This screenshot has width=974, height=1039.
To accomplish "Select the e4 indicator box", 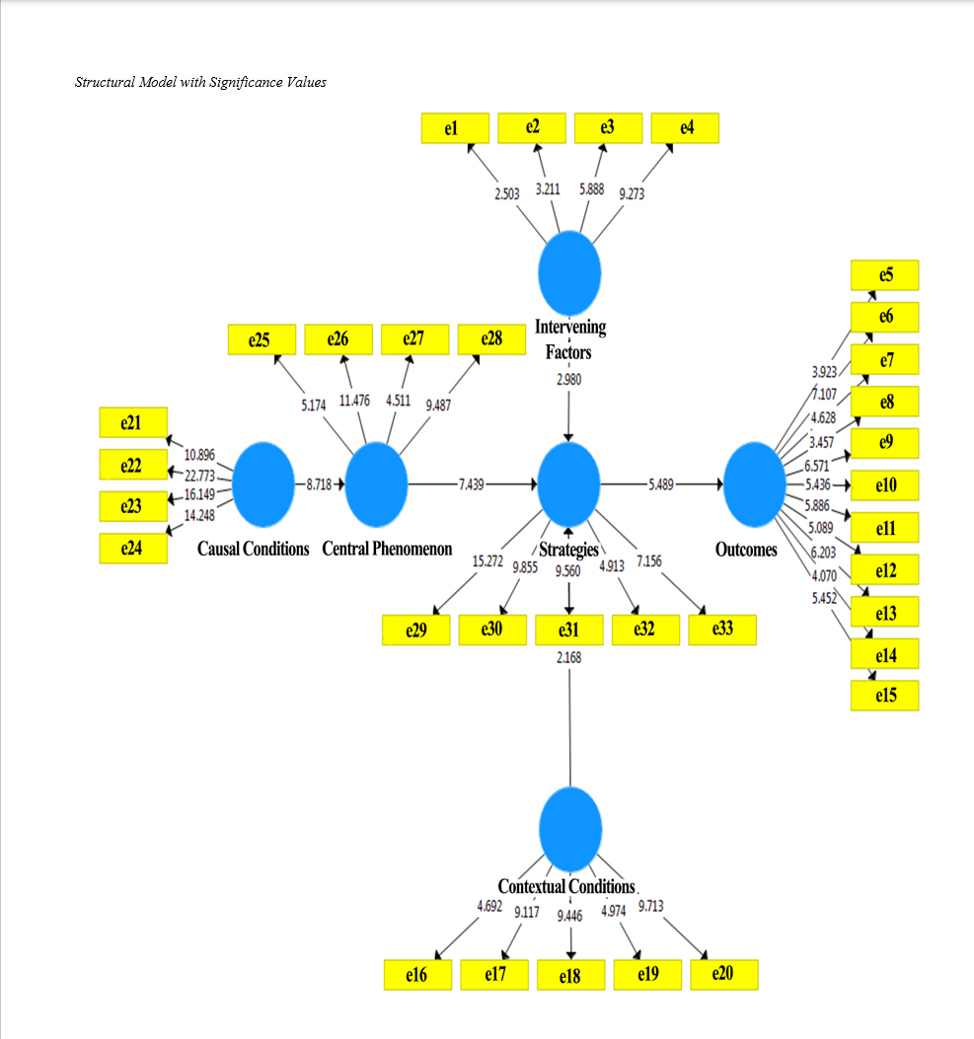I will tap(685, 127).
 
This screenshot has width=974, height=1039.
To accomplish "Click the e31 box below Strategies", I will tap(569, 631).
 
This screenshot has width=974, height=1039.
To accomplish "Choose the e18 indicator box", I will tap(569, 976).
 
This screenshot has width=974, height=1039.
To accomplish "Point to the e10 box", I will tap(885, 485).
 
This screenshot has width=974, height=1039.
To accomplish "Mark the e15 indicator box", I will tap(885, 696).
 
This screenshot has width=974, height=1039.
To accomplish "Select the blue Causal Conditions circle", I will tap(262, 483).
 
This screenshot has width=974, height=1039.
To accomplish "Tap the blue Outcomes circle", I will tap(754, 483).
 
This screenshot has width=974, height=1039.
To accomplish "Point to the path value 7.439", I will tap(473, 484).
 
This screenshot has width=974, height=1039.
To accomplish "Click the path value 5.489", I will tap(663, 484).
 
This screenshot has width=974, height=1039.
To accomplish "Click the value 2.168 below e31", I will tap(569, 656).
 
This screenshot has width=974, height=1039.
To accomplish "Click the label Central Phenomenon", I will tap(387, 549).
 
